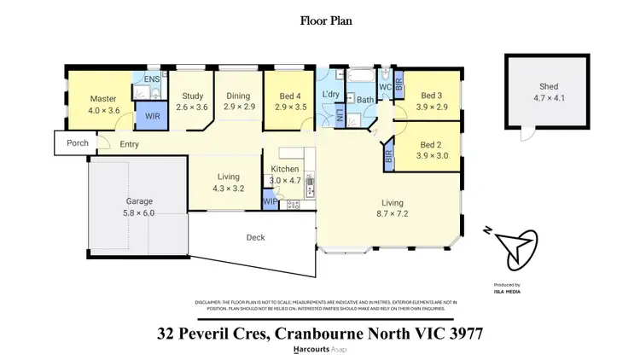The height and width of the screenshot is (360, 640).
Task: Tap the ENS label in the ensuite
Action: [152, 80]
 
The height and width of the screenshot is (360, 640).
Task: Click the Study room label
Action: [191, 96]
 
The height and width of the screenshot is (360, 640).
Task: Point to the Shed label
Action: [548, 86]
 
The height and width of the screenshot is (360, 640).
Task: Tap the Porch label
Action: [77, 143]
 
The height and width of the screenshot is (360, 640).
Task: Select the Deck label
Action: [255, 237]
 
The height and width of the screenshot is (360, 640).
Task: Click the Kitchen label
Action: [285, 170]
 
